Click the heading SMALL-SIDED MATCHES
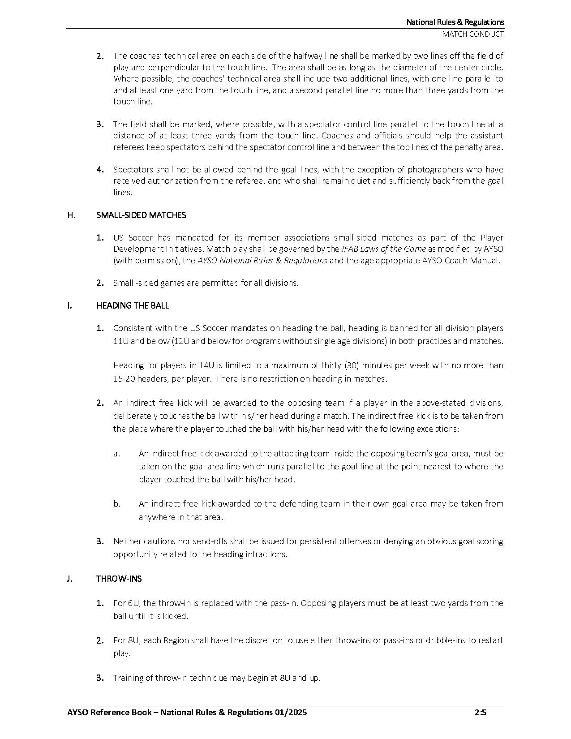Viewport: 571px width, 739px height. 141,215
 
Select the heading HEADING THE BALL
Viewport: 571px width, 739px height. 133,306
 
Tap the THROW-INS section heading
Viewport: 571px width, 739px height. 119,579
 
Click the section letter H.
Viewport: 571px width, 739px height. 71,215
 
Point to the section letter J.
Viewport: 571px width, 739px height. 69,579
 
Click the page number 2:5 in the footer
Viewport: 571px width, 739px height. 481,713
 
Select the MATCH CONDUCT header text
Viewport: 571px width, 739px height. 473,34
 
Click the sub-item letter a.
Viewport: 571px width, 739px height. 116,454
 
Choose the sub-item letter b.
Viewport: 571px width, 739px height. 117,504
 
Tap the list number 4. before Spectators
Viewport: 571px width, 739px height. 100,170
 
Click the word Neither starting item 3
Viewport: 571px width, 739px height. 128,541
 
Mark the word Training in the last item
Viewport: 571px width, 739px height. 128,678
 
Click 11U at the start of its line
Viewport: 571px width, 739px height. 121,341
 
